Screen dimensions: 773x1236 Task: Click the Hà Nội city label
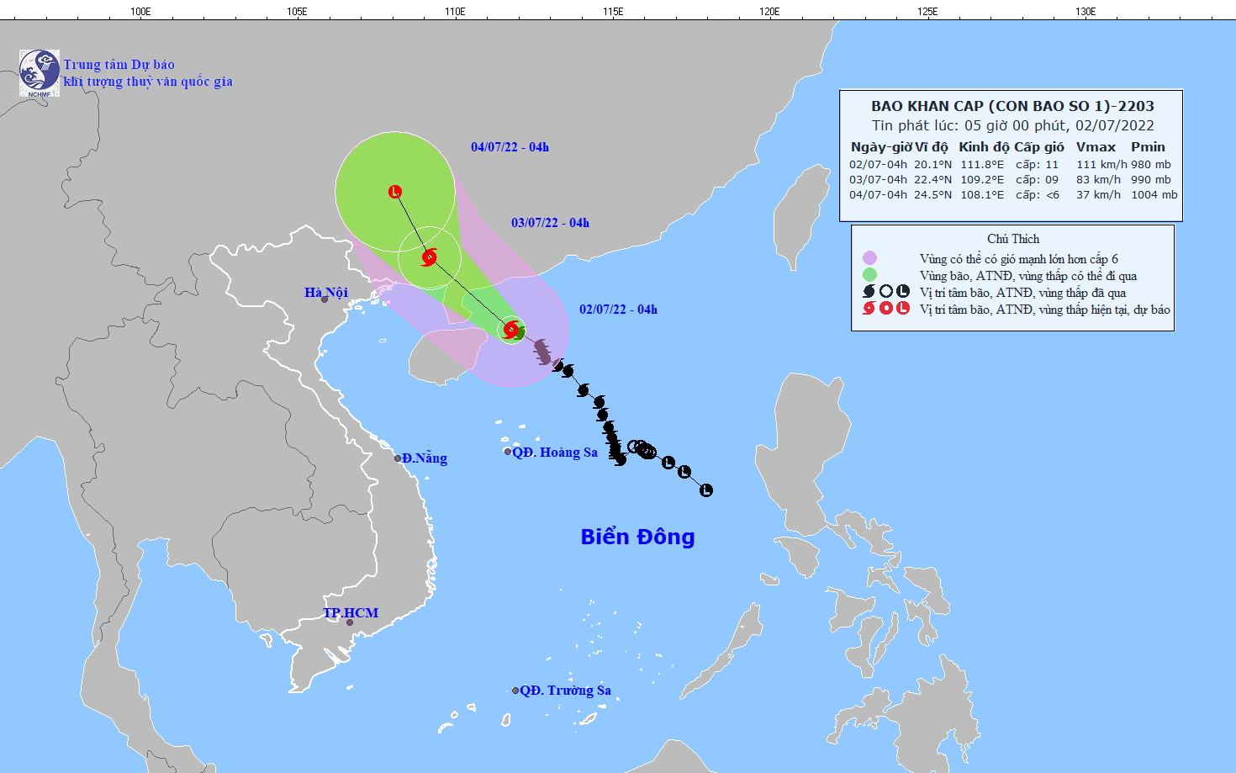(326, 293)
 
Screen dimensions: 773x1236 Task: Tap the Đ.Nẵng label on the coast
(424, 458)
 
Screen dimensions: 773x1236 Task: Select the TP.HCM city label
(351, 613)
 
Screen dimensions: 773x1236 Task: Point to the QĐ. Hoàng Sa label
(555, 453)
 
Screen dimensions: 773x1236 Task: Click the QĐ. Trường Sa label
(565, 691)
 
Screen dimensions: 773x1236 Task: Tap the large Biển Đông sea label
(637, 537)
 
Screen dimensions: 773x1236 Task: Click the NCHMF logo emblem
(40, 72)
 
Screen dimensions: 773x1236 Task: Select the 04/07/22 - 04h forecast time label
(510, 147)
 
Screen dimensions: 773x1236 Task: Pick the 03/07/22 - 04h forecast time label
(550, 223)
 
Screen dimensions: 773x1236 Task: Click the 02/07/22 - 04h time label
(618, 310)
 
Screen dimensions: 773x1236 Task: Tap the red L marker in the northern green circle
(395, 192)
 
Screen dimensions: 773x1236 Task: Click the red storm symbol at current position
(510, 329)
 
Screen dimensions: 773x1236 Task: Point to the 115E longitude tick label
(613, 11)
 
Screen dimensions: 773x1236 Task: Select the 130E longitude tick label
(1085, 11)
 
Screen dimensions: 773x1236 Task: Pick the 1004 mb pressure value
(1154, 195)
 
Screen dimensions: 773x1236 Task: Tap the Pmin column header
(1148, 147)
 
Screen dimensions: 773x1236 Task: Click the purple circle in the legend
(869, 258)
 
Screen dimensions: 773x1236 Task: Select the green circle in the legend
(869, 275)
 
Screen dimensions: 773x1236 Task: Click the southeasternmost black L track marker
(706, 490)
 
